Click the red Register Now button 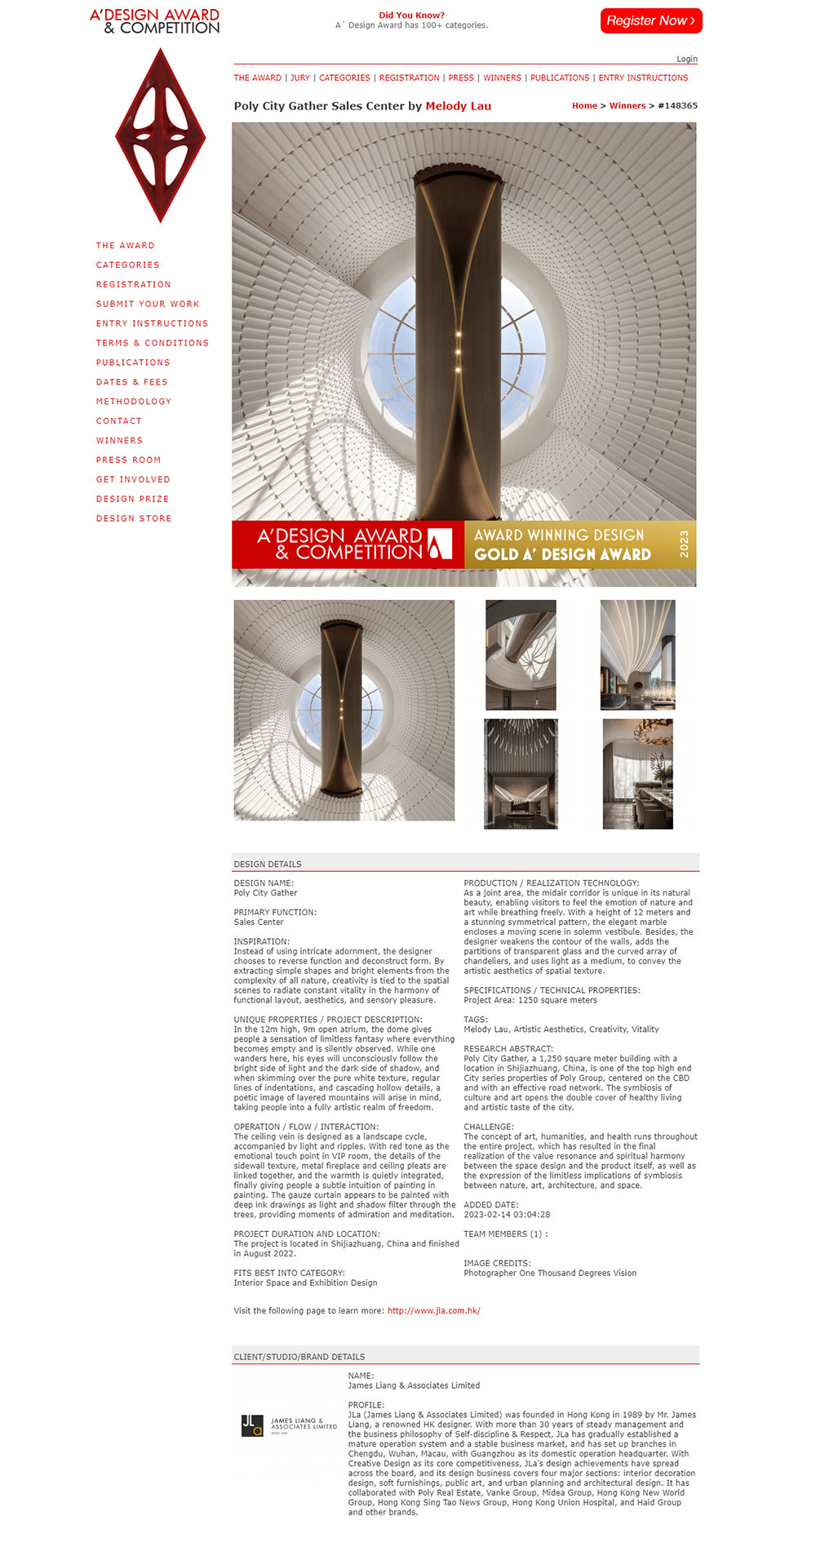pyautogui.click(x=650, y=20)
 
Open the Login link pyautogui.click(x=686, y=59)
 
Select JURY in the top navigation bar pyautogui.click(x=300, y=78)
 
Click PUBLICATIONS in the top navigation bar pyautogui.click(x=559, y=78)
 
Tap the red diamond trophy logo pyautogui.click(x=161, y=135)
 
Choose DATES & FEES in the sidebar pyautogui.click(x=131, y=382)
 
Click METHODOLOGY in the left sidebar pyautogui.click(x=134, y=402)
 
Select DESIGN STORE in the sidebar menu pyautogui.click(x=134, y=518)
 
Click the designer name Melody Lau pyautogui.click(x=458, y=106)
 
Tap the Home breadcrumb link pyautogui.click(x=584, y=106)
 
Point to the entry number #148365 pyautogui.click(x=677, y=106)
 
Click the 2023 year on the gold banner pyautogui.click(x=684, y=544)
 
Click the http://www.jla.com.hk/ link pyautogui.click(x=433, y=1311)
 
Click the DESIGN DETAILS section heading pyautogui.click(x=268, y=865)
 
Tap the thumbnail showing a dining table pyautogui.click(x=637, y=774)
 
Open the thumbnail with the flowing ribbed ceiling pyautogui.click(x=637, y=655)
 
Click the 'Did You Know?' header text pyautogui.click(x=411, y=16)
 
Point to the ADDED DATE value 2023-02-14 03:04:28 pyautogui.click(x=507, y=1215)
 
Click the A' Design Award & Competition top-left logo pyautogui.click(x=154, y=21)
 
